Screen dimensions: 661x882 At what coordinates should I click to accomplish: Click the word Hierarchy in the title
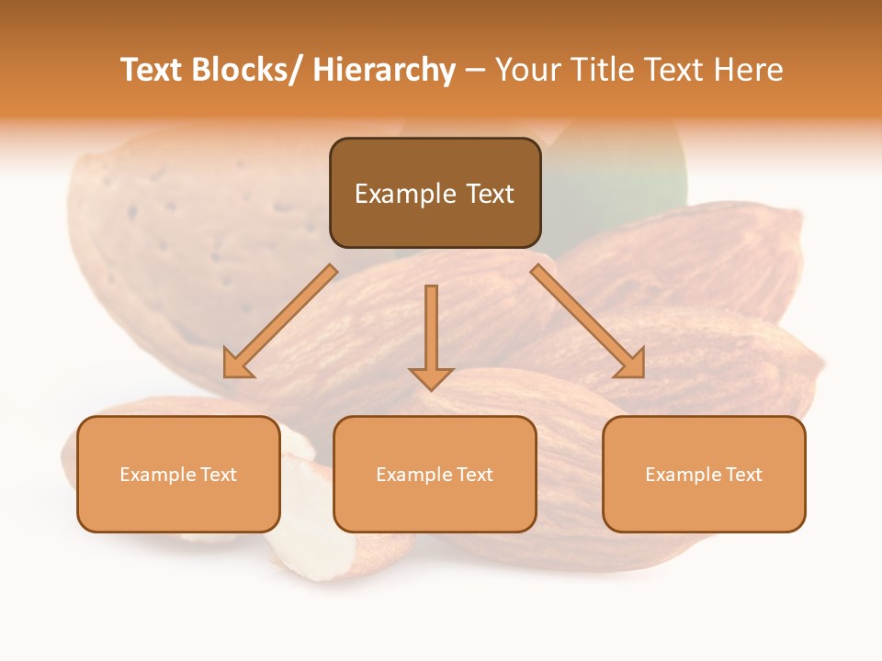click(x=384, y=70)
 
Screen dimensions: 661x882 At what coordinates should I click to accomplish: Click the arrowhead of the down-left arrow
click(x=237, y=364)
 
